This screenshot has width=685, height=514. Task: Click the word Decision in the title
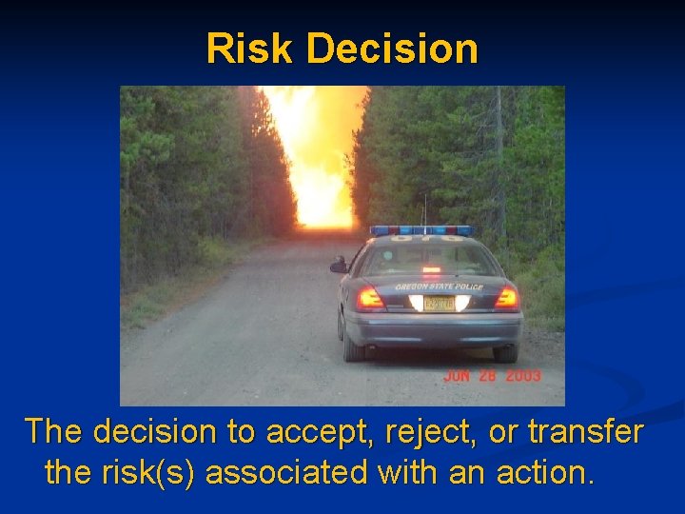coord(385,49)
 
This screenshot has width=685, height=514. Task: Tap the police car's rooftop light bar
coord(421,231)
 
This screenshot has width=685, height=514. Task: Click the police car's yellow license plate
coord(439,304)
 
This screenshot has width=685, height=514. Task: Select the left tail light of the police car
coord(370,299)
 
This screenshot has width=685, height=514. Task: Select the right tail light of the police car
coord(506,299)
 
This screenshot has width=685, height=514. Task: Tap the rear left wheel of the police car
coord(354,348)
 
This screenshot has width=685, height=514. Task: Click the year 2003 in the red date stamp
coord(522,376)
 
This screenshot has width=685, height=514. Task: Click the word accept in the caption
coord(313,432)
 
